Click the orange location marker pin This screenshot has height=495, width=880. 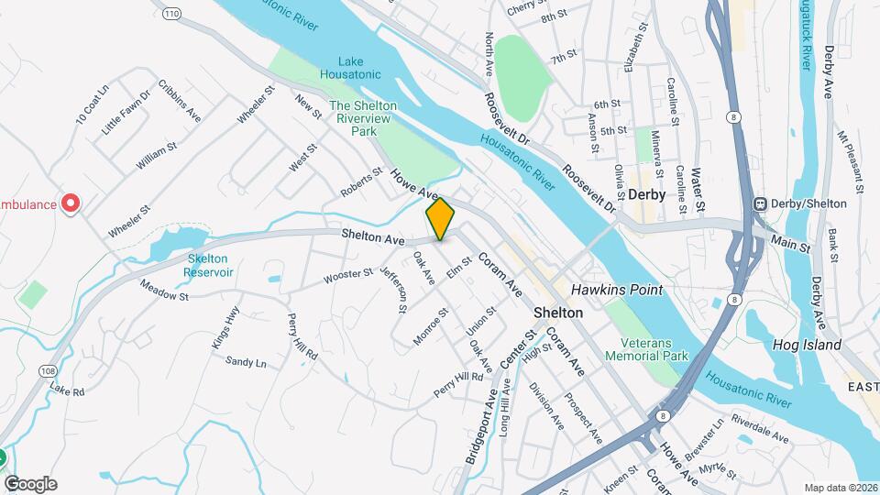point(441,219)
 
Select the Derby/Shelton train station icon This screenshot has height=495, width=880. point(760,203)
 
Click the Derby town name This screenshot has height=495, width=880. point(646,195)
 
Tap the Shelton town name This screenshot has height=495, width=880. point(558,313)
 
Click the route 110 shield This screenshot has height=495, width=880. point(170,14)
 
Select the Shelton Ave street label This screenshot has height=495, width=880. point(373,237)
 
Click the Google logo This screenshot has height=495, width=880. point(30,484)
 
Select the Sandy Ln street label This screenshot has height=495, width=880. point(245,363)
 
